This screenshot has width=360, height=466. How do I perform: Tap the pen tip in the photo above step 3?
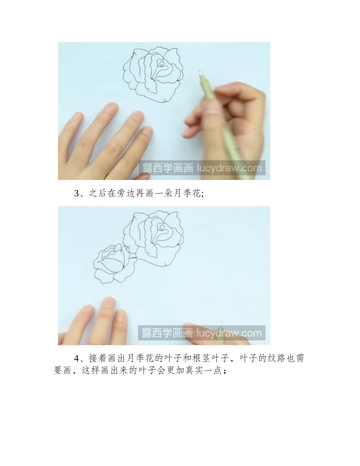(x=199, y=71)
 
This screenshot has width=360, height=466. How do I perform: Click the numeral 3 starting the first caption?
(x=76, y=194)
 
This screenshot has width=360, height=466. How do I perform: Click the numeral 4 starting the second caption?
(x=76, y=358)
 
